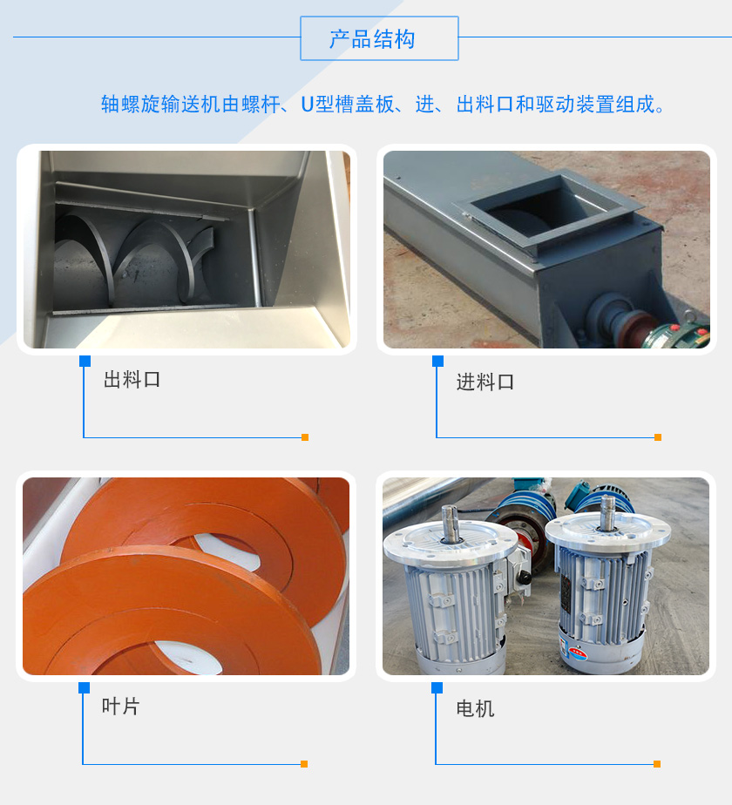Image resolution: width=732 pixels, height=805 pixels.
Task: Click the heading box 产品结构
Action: (379, 38)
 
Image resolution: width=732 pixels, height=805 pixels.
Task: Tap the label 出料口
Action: (132, 380)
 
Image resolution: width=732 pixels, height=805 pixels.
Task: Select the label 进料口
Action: (485, 382)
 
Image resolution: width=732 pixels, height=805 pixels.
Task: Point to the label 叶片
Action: (120, 707)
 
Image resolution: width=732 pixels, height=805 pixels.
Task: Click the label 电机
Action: (475, 708)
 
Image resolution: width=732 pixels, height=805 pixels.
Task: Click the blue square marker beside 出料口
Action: (85, 361)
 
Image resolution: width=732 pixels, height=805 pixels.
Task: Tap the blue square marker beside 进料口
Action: (437, 361)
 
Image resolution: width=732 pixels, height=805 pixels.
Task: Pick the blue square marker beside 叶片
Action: (84, 687)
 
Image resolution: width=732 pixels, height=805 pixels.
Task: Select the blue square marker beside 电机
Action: (437, 687)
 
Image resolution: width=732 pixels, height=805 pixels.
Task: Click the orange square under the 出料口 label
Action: (305, 437)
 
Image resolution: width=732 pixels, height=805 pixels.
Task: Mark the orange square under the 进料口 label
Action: (658, 437)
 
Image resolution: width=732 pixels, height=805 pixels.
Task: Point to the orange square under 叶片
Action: (304, 764)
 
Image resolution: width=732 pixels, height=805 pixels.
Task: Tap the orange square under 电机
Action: (657, 764)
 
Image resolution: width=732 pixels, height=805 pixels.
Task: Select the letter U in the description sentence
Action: (307, 105)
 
